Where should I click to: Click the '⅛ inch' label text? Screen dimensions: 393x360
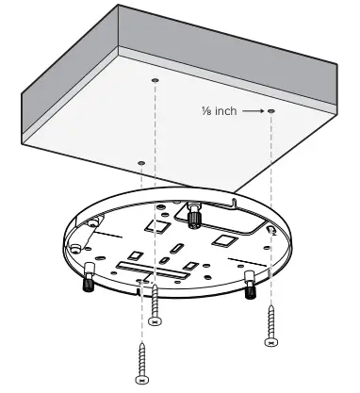pyautogui.click(x=220, y=111)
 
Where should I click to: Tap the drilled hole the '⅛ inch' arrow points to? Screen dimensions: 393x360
pyautogui.click(x=271, y=111)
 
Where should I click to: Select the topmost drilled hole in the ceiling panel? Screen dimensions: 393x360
pyautogui.click(x=155, y=81)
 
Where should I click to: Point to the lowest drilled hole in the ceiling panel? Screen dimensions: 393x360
pyautogui.click(x=141, y=162)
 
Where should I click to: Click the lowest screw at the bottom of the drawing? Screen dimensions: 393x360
pyautogui.click(x=142, y=363)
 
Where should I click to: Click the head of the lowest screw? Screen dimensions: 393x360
pyautogui.click(x=142, y=381)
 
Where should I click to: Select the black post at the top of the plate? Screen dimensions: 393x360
pyautogui.click(x=195, y=217)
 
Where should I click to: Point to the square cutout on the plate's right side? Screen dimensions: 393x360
pyautogui.click(x=226, y=241)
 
